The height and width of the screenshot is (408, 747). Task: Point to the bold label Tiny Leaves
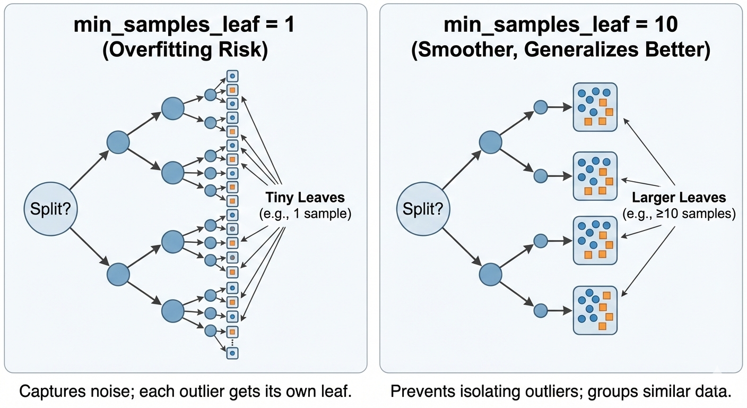(306, 198)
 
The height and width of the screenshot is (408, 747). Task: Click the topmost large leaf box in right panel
(595, 107)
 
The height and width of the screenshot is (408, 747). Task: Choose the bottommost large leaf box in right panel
(595, 310)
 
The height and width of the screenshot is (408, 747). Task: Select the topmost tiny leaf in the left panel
(232, 76)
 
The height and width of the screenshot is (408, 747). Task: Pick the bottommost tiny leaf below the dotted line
(232, 352)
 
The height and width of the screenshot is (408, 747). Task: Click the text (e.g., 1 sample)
(306, 214)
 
